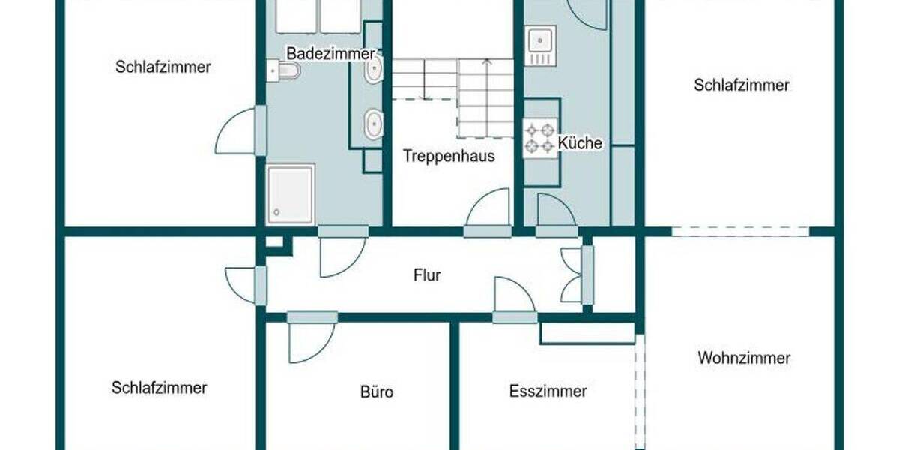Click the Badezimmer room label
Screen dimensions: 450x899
tap(330, 54)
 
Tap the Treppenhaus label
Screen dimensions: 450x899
tap(449, 157)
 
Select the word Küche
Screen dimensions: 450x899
tap(579, 143)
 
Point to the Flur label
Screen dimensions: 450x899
tap(427, 275)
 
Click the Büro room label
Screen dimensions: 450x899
tap(376, 391)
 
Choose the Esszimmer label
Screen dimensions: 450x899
tap(548, 391)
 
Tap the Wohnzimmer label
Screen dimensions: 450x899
tap(743, 358)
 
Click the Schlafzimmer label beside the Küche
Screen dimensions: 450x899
tap(741, 85)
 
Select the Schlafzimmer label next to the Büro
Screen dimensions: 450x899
tap(159, 388)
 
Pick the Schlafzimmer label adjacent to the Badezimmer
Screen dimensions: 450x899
tap(163, 67)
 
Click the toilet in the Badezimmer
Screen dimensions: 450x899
tap(286, 70)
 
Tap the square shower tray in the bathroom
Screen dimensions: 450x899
tap(290, 194)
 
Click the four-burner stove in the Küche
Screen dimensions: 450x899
tap(540, 138)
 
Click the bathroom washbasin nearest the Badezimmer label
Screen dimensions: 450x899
tap(374, 70)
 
